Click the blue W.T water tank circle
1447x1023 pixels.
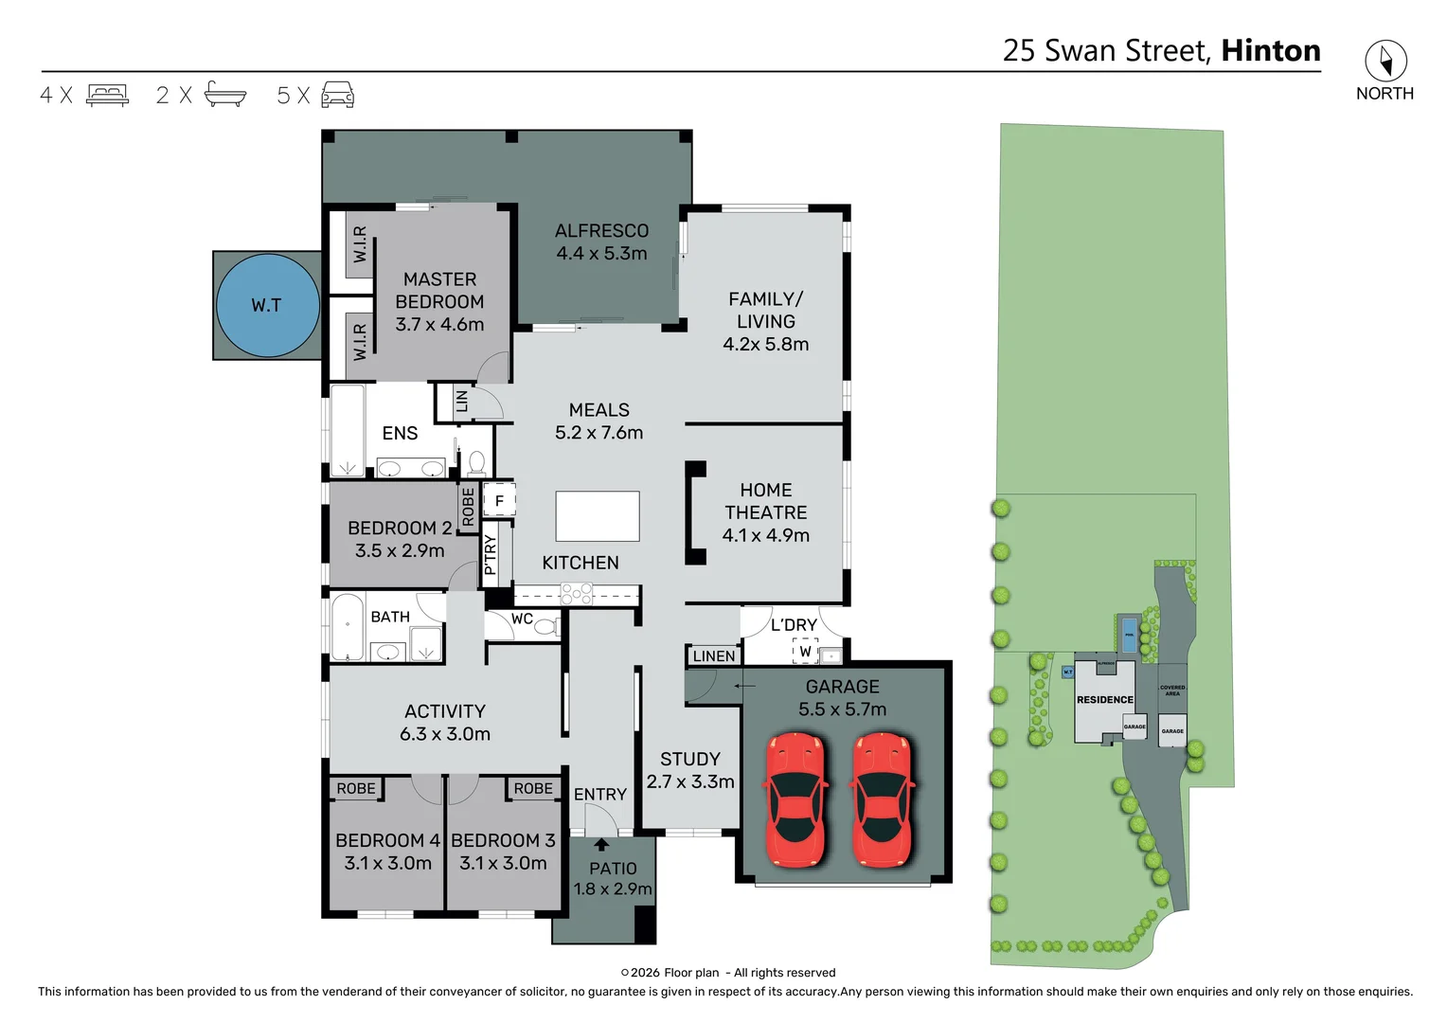tap(267, 305)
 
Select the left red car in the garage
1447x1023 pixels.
tap(796, 799)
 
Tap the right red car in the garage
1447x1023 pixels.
tap(882, 799)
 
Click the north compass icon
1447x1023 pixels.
tap(1384, 62)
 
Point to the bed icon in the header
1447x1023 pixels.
tap(107, 95)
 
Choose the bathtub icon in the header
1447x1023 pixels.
tap(224, 95)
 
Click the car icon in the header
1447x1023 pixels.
tap(338, 95)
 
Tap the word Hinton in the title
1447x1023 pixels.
tap(1270, 50)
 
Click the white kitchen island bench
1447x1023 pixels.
tap(597, 516)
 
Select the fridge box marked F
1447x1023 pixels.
tap(499, 500)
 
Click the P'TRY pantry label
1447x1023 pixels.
tap(491, 555)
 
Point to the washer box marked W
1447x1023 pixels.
tap(805, 651)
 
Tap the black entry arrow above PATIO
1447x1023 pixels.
tap(601, 844)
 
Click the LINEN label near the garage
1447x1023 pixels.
tap(713, 655)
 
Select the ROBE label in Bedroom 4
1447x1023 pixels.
tap(356, 788)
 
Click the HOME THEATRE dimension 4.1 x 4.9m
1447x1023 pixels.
tap(765, 535)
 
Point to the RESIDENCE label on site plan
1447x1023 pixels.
tap(1104, 700)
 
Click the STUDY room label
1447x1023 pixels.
tap(690, 759)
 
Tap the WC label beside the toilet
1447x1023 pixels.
tap(522, 619)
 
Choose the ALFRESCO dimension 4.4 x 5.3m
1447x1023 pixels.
tap(601, 254)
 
